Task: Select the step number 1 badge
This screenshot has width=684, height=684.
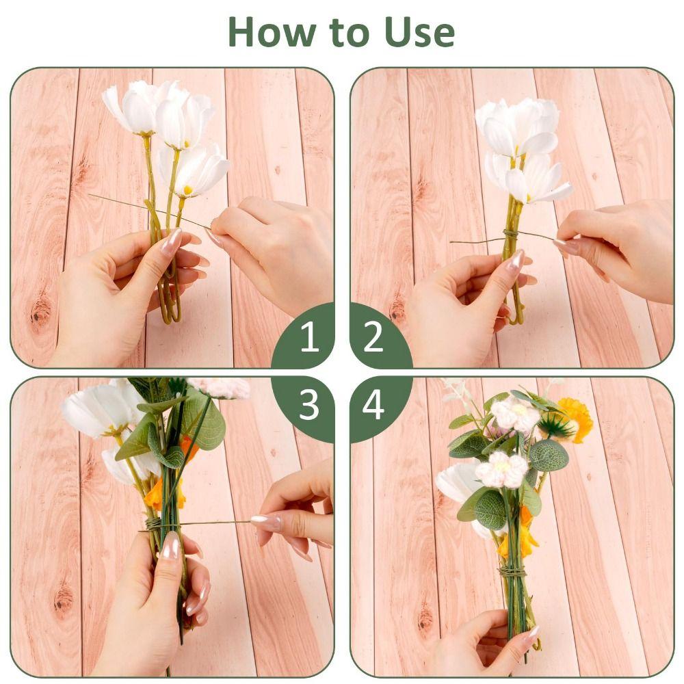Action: [309, 337]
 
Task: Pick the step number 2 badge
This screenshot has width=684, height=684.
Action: [373, 337]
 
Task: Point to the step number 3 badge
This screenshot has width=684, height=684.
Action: [309, 405]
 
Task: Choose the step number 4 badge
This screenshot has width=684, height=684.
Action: [373, 405]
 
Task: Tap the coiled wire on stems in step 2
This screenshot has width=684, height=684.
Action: [511, 234]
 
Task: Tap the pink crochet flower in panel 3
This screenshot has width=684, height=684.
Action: [222, 388]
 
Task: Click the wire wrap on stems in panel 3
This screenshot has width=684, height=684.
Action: [153, 524]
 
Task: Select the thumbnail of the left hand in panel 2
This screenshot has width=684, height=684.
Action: [515, 261]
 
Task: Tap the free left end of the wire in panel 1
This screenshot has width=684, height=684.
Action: [91, 196]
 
